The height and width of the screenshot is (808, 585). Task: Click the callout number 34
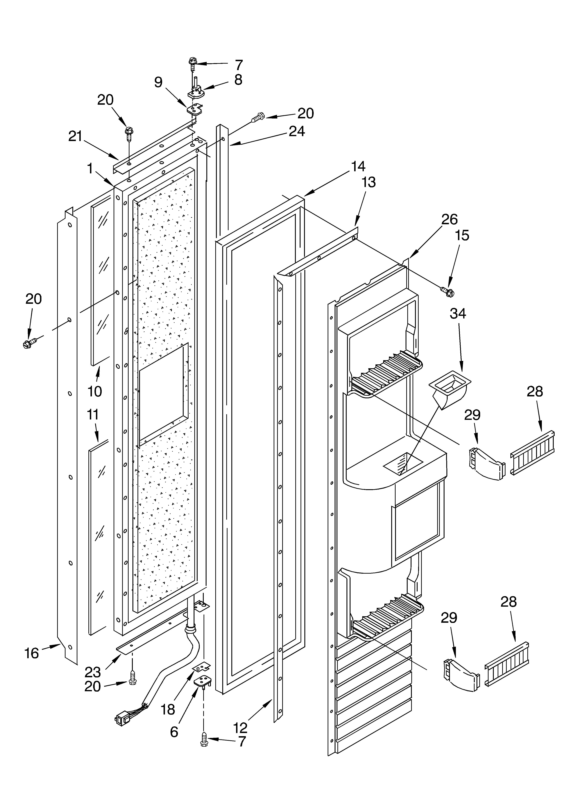[x=458, y=314]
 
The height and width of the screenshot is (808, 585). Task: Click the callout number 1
[x=90, y=168]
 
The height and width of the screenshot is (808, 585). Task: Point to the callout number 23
[x=93, y=672]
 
